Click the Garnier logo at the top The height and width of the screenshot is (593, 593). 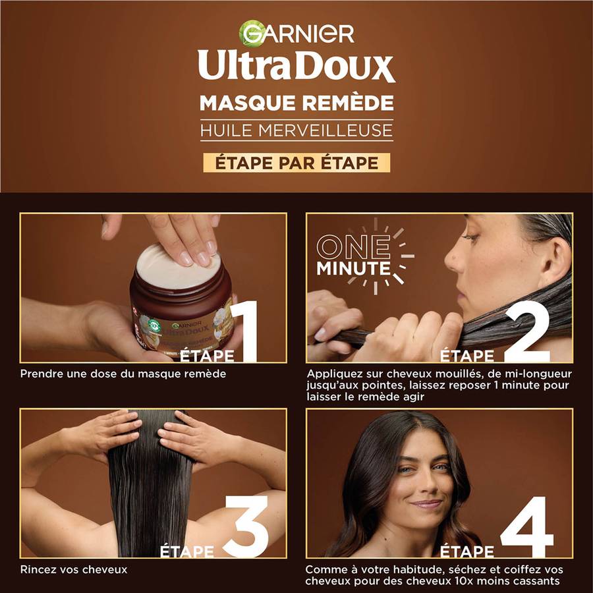(x=296, y=33)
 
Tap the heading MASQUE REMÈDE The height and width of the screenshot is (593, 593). (x=296, y=103)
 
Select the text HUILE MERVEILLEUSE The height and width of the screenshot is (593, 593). (x=296, y=130)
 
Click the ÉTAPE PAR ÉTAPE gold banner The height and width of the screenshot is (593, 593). (x=296, y=162)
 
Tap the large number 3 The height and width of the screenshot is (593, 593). (x=246, y=526)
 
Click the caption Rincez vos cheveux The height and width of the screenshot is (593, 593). (x=74, y=569)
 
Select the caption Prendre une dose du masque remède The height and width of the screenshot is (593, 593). (x=123, y=374)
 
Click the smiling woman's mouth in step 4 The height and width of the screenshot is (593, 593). (x=426, y=504)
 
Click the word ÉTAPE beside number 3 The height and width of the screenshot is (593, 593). (x=188, y=551)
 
